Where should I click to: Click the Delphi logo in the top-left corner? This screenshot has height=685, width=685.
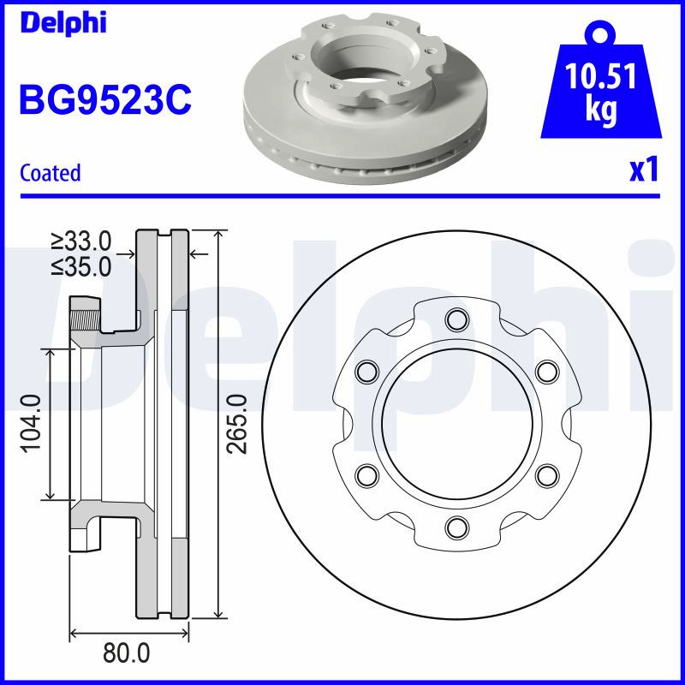[x=63, y=23]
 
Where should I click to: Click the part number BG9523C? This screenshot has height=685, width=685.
[x=105, y=99]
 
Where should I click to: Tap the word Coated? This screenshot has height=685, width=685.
[x=51, y=173]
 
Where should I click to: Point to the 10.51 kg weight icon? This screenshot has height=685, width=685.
[x=601, y=80]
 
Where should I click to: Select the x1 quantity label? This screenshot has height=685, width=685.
[x=644, y=170]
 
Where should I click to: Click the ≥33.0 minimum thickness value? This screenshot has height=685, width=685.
[x=81, y=241]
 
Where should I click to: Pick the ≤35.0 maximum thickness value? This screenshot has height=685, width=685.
[x=81, y=267]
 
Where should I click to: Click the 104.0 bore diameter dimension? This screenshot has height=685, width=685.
[x=32, y=423]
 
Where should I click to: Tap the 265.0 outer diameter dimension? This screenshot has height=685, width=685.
[x=237, y=423]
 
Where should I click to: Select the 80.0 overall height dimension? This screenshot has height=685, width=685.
[x=126, y=653]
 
